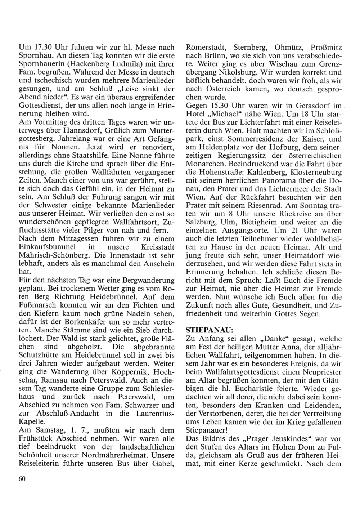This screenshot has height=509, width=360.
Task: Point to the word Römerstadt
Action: [x=205, y=48]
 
